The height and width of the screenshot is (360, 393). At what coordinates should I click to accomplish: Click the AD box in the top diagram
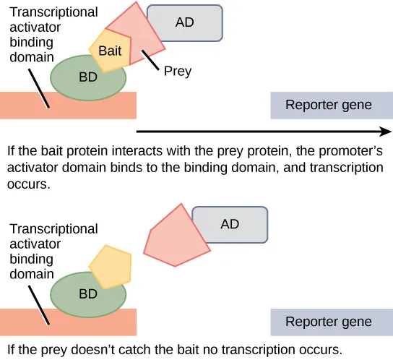click(184, 22)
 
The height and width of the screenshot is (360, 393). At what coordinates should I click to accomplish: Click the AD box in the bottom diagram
click(229, 224)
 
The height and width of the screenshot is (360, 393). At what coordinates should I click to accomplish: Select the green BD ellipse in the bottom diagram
click(87, 295)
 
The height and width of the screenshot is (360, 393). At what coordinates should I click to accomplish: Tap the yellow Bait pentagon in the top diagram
click(110, 51)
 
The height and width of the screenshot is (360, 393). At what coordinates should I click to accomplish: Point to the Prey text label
click(178, 72)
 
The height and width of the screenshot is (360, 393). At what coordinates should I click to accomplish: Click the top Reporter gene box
click(329, 106)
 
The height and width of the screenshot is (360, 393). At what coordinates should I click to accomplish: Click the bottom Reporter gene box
click(329, 322)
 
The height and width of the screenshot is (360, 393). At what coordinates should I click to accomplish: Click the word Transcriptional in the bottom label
click(52, 228)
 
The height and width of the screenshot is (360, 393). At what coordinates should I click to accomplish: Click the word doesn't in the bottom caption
click(102, 350)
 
